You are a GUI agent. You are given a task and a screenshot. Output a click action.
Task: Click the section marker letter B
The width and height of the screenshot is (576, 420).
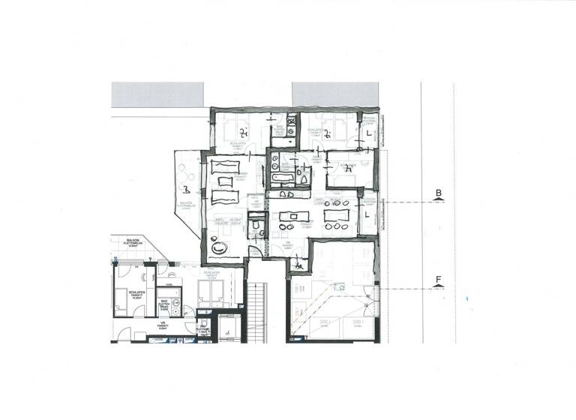(438, 193)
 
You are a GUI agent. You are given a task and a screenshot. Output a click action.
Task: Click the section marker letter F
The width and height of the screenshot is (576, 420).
(438, 280)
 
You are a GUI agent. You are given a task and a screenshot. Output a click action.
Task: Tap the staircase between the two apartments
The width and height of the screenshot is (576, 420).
(257, 311)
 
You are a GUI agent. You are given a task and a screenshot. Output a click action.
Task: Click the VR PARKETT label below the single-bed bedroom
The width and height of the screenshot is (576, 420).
(163, 325)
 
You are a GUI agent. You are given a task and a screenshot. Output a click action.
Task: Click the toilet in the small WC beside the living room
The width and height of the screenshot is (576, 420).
(255, 225)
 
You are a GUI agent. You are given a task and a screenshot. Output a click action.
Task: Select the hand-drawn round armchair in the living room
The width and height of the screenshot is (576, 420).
(220, 248)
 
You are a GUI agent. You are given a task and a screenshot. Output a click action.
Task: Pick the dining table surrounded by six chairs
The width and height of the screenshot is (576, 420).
(335, 215)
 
